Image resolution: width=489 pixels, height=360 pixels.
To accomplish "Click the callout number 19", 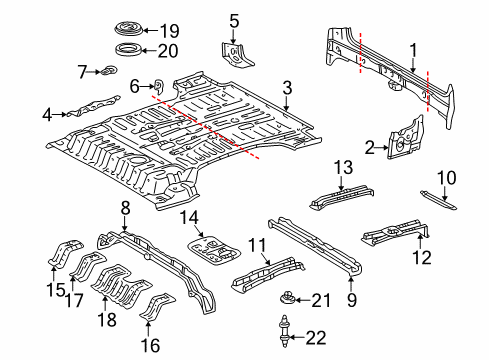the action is pyautogui.click(x=170, y=31).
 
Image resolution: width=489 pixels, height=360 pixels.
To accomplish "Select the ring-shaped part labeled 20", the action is pyautogui.click(x=128, y=50).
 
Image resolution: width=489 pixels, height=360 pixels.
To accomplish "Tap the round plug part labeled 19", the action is pyautogui.click(x=129, y=28).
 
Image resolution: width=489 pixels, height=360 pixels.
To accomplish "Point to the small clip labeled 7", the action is pyautogui.click(x=108, y=70).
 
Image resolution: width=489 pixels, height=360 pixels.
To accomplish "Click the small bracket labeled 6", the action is pyautogui.click(x=159, y=86).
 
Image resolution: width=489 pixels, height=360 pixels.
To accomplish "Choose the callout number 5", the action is pyautogui.click(x=234, y=21).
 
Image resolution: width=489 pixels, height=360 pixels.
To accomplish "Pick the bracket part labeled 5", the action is pyautogui.click(x=236, y=55).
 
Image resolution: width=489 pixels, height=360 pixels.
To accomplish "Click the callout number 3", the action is pyautogui.click(x=287, y=88).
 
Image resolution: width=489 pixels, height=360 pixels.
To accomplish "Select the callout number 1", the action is pyautogui.click(x=413, y=51).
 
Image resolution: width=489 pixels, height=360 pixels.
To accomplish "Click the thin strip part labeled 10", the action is pyautogui.click(x=438, y=200).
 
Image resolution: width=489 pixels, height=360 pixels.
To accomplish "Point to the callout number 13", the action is pyautogui.click(x=343, y=167).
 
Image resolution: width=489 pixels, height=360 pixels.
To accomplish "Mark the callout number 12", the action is pyautogui.click(x=422, y=257).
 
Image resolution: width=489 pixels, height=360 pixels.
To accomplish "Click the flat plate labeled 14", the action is pyautogui.click(x=213, y=249).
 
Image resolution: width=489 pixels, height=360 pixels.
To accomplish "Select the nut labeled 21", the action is pyautogui.click(x=288, y=298).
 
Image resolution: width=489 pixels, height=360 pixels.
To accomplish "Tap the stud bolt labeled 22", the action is pyautogui.click(x=284, y=331).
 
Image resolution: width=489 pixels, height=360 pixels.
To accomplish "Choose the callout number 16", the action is pyautogui.click(x=150, y=345).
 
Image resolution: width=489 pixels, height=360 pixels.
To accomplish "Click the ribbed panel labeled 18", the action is pyautogui.click(x=121, y=286).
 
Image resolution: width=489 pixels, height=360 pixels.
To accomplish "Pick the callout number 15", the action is pyautogui.click(x=56, y=289).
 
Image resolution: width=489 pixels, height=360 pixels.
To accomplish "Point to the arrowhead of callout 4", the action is pyautogui.click(x=65, y=114).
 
